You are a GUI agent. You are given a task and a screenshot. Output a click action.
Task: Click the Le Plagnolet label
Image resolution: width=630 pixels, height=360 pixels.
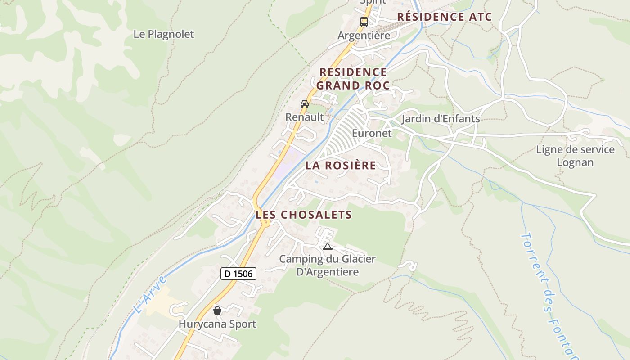(x=163, y=34)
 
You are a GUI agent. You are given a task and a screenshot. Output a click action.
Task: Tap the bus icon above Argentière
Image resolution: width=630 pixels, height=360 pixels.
(x=364, y=22)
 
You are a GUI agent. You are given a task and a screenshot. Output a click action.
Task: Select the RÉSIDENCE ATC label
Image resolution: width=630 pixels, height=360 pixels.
(x=444, y=17)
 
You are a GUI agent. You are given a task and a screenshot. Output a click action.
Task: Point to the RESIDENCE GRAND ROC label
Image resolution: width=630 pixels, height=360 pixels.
(x=353, y=79)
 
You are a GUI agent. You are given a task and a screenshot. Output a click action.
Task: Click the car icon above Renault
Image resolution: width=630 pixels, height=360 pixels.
(x=305, y=103)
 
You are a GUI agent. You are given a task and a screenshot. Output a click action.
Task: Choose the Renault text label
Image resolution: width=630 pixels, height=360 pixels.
(x=305, y=117)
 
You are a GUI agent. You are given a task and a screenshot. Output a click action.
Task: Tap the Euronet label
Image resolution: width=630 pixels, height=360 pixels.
(x=372, y=134)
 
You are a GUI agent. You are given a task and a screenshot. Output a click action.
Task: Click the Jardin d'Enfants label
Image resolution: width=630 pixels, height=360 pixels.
(x=441, y=119)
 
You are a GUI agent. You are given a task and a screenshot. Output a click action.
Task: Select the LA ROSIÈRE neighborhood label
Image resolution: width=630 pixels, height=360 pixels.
(x=341, y=166)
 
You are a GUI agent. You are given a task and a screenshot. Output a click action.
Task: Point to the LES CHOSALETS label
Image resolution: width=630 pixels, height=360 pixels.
(x=303, y=215)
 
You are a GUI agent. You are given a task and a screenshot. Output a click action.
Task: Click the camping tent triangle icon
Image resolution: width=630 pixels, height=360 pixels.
(x=327, y=246)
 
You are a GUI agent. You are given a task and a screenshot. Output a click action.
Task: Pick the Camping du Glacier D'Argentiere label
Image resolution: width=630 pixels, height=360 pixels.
(x=327, y=265)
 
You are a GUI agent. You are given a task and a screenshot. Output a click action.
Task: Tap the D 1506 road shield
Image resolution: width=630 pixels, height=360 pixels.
(x=238, y=274)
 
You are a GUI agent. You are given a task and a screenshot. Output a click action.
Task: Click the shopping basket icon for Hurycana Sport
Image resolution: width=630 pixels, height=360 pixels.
(x=217, y=310)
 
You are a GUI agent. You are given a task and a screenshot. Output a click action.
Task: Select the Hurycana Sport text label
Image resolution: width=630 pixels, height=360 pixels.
(x=217, y=324)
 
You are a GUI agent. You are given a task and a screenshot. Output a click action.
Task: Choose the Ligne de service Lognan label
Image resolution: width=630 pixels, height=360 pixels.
(x=575, y=156)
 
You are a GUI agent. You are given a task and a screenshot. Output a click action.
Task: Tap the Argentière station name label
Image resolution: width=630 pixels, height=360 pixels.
(x=364, y=36)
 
